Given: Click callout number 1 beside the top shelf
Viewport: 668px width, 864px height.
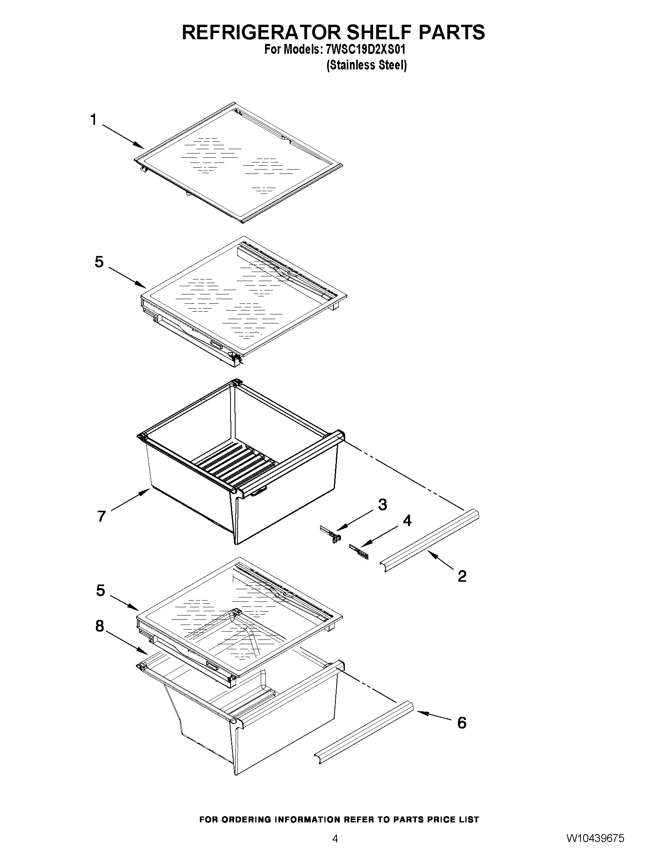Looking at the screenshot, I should (93, 119).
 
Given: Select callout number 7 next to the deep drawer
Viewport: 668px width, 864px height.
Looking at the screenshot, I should (102, 516).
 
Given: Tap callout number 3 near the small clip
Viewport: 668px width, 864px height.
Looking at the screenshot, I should (382, 504).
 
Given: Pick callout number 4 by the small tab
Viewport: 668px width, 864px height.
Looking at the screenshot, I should (407, 521).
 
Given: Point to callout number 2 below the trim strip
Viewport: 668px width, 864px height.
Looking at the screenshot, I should (462, 576).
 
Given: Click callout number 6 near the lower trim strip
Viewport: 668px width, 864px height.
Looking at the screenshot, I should (462, 723).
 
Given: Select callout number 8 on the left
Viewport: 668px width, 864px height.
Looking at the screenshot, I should (100, 626).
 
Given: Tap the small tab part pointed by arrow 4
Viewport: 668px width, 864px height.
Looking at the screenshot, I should (359, 552).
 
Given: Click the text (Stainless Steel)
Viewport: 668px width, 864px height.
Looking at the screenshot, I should (366, 65).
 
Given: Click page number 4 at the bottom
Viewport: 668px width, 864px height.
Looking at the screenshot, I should (335, 849).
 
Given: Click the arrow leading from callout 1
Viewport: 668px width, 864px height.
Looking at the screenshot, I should (123, 137).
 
